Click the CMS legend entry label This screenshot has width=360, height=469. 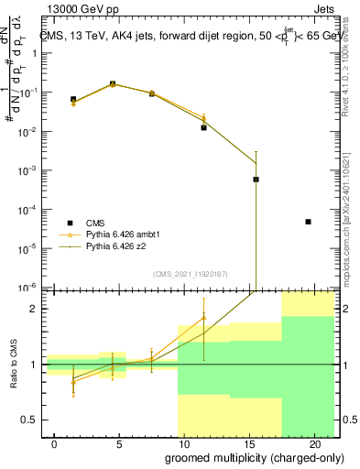tap(95, 223)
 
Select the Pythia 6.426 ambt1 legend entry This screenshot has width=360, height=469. tap(125, 234)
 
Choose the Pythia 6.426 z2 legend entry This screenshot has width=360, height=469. tap(120, 246)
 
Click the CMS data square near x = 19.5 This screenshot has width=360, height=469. tap(309, 222)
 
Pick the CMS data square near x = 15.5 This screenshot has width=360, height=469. tap(256, 180)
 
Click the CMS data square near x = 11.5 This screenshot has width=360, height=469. tap(203, 127)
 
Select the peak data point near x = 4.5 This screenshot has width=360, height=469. tap(113, 84)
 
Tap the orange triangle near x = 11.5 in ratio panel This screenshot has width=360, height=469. tap(203, 318)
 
